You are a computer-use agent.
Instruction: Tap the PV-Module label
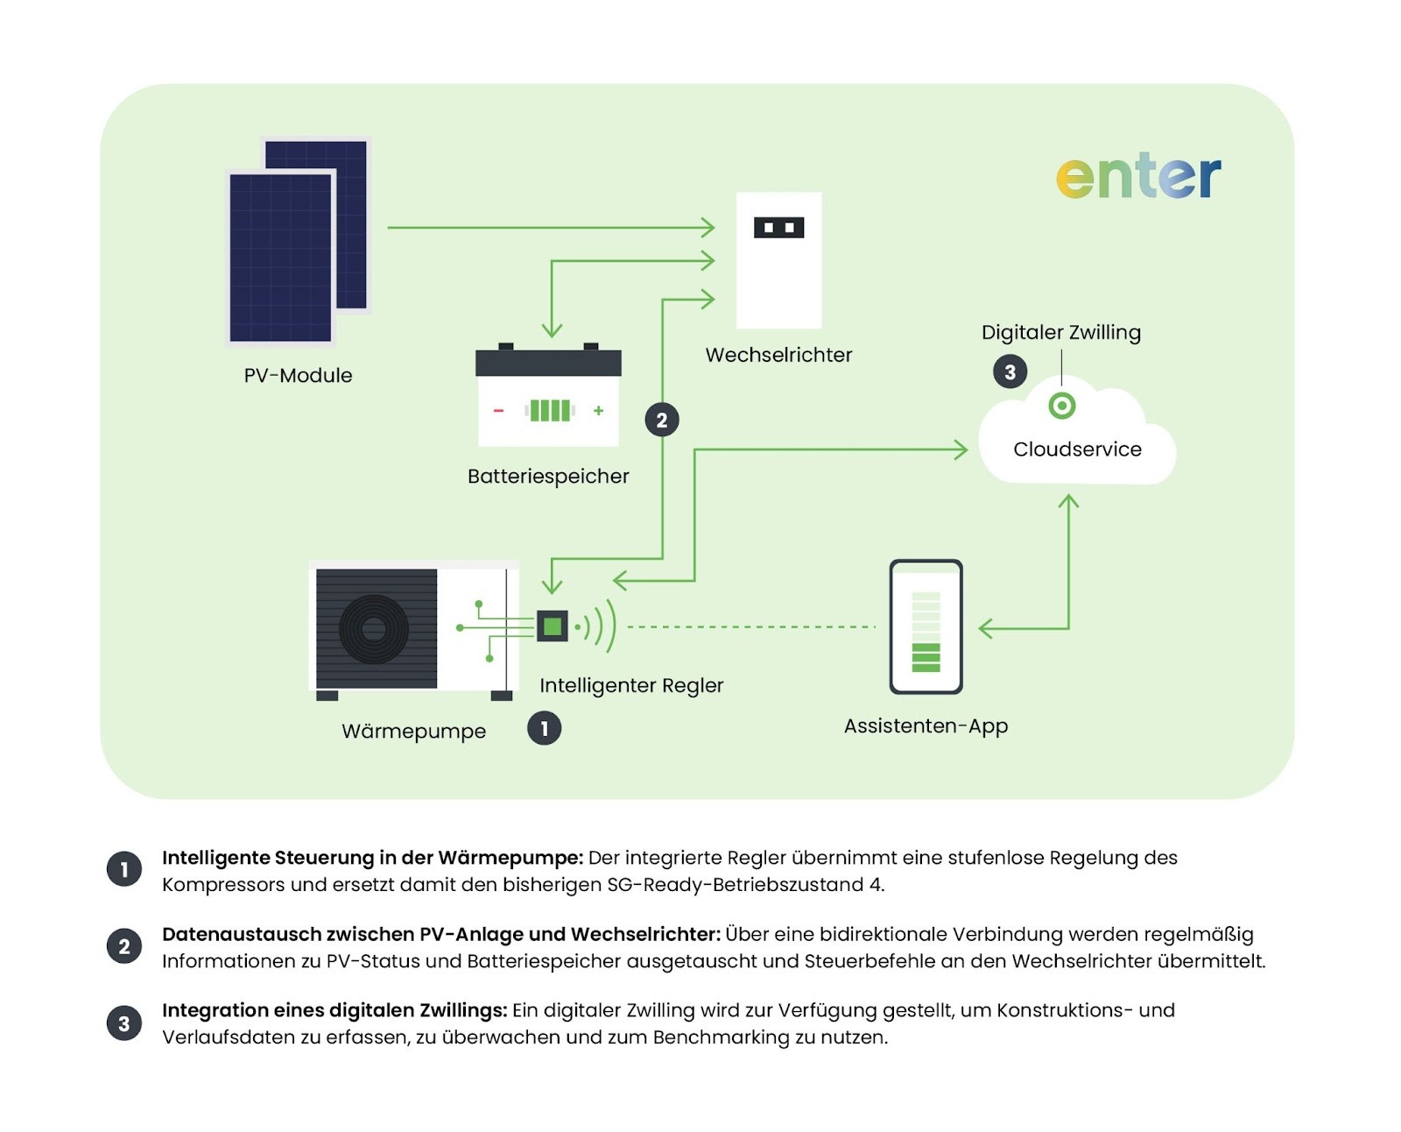[x=298, y=375]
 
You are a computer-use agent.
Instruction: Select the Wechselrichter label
[x=778, y=355]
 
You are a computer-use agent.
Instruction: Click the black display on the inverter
[x=778, y=228]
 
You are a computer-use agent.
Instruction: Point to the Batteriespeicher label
[x=548, y=476]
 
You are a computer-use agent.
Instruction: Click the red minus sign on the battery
[x=498, y=410]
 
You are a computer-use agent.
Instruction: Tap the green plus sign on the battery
[x=599, y=410]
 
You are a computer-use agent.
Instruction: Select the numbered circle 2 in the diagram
[x=662, y=420]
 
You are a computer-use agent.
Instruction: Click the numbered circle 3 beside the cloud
[x=1010, y=371]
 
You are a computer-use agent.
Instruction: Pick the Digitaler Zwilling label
[x=1060, y=332]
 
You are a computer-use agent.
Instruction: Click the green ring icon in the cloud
[x=1061, y=406]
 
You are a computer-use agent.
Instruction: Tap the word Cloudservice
[x=1077, y=449]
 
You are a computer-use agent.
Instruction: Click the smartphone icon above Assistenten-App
[x=926, y=626]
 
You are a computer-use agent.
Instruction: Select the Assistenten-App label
[x=926, y=725]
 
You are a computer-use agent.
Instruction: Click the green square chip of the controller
[x=553, y=626]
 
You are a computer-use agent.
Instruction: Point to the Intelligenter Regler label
[x=631, y=685]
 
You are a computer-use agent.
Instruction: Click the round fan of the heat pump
[x=374, y=628]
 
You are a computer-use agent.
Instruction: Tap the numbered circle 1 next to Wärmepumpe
[x=544, y=728]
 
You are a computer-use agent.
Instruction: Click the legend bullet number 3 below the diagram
[x=124, y=1022]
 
